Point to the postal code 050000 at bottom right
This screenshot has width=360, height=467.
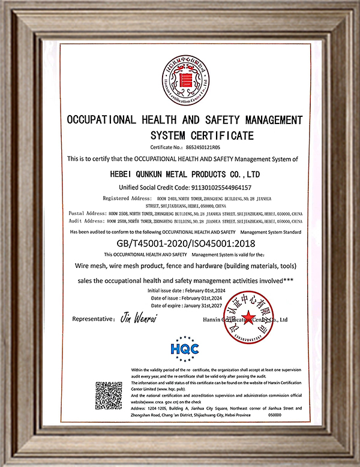(x=274, y=414)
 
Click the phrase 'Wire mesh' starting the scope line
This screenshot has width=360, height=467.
(x=91, y=266)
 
